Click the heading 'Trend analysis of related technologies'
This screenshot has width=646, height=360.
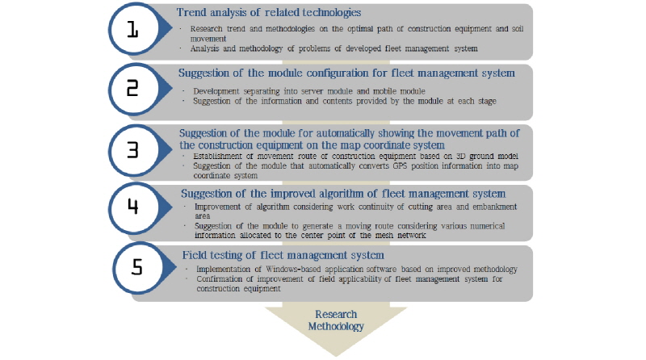[269, 12]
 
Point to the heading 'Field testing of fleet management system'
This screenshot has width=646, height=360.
[283, 255]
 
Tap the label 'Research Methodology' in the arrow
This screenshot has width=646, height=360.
[336, 320]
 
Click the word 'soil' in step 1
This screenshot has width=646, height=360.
[518, 29]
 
